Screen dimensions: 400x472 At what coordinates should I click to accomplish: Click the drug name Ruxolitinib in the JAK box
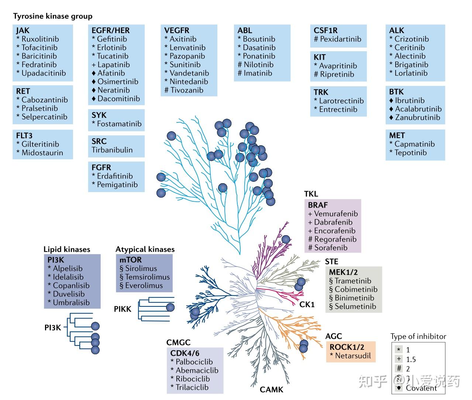40,39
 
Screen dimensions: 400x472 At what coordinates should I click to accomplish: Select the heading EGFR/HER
111,31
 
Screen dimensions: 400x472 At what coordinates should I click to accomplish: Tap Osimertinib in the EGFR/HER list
118,81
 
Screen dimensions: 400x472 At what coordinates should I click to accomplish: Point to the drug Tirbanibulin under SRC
112,150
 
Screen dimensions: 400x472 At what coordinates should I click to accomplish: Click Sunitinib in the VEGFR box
185,65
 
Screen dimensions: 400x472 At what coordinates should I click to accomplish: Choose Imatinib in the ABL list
258,73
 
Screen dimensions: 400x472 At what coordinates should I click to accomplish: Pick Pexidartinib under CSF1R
340,39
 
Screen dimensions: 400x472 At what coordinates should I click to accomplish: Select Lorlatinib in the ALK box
411,73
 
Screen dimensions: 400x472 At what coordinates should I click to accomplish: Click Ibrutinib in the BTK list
410,100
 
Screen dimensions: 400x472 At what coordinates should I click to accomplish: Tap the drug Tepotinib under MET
410,153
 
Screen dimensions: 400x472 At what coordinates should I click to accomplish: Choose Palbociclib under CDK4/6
194,362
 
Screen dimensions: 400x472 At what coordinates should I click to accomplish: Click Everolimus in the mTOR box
144,285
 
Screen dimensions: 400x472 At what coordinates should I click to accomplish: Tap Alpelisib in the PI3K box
68,268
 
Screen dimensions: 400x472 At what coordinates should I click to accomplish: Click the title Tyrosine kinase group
53,16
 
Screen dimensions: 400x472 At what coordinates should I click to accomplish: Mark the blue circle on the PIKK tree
170,307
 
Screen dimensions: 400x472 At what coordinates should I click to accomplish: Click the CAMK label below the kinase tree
271,390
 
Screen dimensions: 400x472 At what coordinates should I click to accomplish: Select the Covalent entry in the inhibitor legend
421,388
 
